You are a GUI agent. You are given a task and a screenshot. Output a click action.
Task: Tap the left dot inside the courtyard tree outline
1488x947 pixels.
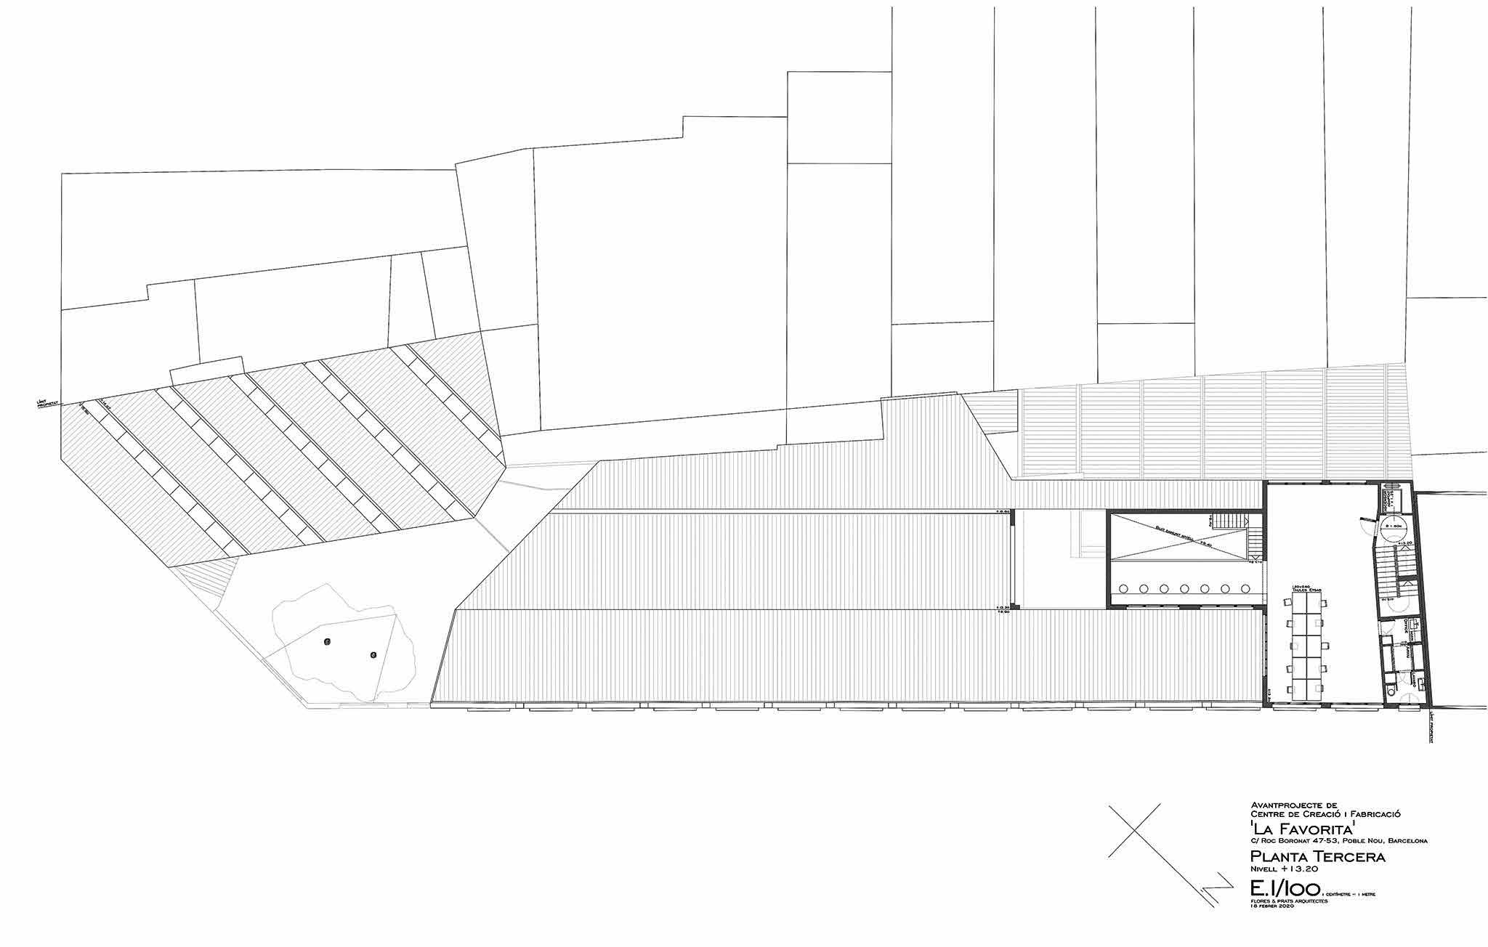[x=328, y=641]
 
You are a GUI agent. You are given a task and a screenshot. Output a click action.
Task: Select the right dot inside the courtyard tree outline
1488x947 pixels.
[x=373, y=654]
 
